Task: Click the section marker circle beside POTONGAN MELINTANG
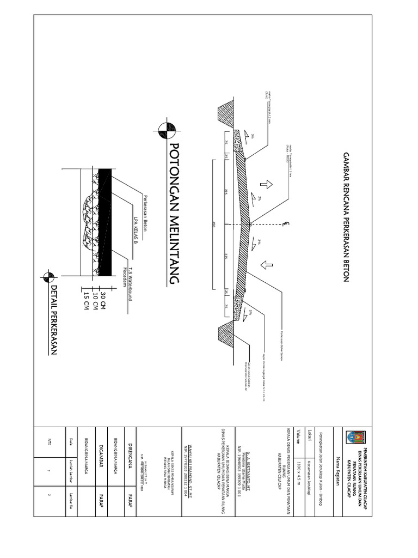tap(164, 130)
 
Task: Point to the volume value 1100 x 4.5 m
tap(298, 474)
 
